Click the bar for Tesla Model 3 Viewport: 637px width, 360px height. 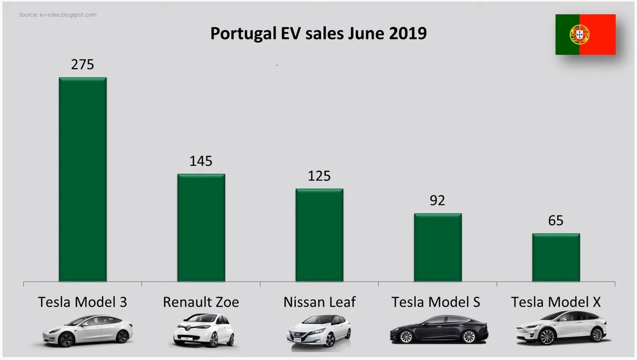(x=82, y=180)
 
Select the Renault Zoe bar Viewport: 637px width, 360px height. (x=201, y=228)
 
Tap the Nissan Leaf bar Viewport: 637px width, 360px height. (x=319, y=235)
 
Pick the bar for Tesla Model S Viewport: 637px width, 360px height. (x=438, y=247)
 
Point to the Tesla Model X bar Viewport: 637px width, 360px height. (x=556, y=257)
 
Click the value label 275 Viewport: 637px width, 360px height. (x=82, y=65)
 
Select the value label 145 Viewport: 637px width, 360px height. (x=201, y=161)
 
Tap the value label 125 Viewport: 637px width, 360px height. (x=319, y=176)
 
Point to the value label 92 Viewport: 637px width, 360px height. (x=438, y=200)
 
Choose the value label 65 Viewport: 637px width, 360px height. (x=556, y=220)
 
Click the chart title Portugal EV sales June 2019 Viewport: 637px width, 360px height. (x=318, y=34)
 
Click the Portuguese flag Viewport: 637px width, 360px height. (x=585, y=35)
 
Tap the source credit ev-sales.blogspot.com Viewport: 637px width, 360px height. (x=58, y=15)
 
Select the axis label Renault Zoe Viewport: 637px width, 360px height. (x=201, y=302)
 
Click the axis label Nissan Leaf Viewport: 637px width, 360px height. (x=319, y=302)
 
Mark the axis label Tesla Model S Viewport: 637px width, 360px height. (x=436, y=302)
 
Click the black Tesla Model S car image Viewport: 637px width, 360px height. (x=438, y=329)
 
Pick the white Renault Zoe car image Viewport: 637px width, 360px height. (x=202, y=330)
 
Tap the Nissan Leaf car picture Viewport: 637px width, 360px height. (x=319, y=331)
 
